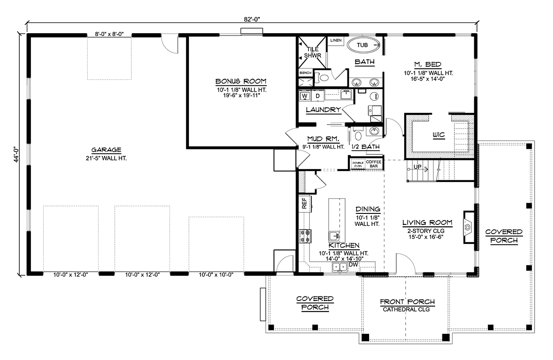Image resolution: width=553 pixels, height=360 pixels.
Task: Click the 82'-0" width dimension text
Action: tap(252, 19)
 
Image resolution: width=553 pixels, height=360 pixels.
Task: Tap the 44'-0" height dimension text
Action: tap(16, 155)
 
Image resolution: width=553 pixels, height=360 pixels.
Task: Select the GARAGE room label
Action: tap(106, 150)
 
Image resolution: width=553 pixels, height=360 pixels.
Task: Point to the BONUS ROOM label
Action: tap(241, 81)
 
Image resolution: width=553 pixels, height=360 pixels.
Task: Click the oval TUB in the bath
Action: tap(362, 45)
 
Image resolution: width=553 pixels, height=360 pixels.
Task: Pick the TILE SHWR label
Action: tap(312, 53)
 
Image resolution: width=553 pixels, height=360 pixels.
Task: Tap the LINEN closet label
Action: tap(336, 40)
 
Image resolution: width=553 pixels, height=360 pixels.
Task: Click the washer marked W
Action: tap(305, 96)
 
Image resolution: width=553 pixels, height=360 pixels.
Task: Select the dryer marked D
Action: tap(318, 96)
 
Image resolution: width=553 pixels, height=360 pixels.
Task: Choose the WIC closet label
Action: tap(439, 135)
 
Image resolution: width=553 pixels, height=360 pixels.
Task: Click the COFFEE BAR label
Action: tap(374, 164)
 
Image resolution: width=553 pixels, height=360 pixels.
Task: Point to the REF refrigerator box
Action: tap(305, 203)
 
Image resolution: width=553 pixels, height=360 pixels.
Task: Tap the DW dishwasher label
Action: tap(353, 265)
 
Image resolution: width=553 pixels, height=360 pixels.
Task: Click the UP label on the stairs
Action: tap(418, 167)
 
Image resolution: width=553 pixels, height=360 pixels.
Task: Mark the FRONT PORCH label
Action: tap(407, 302)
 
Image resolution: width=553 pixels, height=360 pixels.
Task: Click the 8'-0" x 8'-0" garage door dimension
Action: tap(109, 34)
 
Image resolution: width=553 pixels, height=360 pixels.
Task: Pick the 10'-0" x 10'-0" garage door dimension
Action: tap(216, 275)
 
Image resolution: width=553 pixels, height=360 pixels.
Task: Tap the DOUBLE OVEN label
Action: tap(358, 165)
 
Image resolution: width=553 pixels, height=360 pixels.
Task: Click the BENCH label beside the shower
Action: tap(306, 73)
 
